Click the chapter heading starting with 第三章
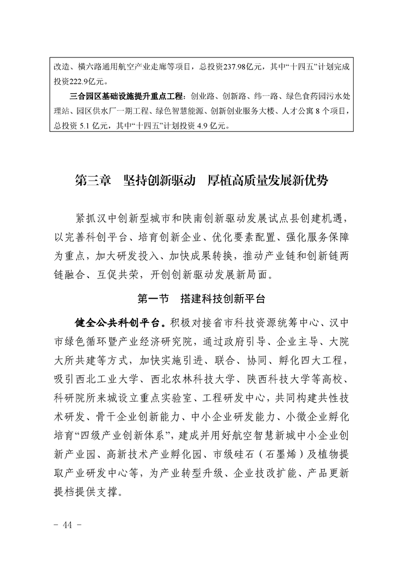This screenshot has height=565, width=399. [201, 180]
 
